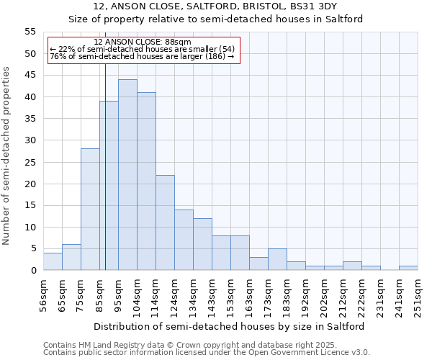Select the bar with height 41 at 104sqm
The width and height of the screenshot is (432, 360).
click(146, 181)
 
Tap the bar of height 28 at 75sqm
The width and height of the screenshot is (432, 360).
click(90, 210)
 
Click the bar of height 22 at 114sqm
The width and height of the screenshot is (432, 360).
click(165, 222)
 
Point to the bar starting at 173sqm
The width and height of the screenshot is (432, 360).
click(277, 259)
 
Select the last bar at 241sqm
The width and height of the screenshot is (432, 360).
click(408, 268)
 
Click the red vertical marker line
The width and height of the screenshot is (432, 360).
click(106, 166)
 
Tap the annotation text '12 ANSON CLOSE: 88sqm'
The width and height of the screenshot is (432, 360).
click(143, 42)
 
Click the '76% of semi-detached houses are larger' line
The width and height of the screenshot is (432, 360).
click(143, 56)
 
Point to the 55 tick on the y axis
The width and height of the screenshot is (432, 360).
click(30, 32)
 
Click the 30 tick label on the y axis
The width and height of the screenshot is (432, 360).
click(30, 140)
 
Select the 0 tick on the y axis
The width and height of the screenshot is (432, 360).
click(32, 271)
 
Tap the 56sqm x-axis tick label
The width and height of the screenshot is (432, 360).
click(44, 296)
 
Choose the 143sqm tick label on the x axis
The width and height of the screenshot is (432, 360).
click(212, 296)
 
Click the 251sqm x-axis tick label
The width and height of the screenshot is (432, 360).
click(418, 296)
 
